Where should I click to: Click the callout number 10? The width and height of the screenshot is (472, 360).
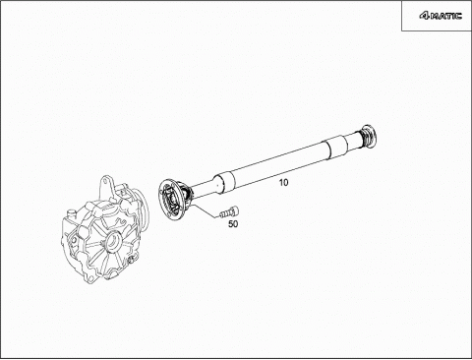[x=283, y=183]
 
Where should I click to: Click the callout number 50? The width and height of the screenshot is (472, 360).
[x=233, y=224]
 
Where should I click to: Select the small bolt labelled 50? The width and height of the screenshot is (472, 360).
[x=229, y=211]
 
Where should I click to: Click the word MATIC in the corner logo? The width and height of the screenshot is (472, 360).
[x=445, y=16]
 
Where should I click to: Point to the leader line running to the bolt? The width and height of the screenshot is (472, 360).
[x=204, y=210]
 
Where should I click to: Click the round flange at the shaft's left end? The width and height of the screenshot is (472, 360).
[x=171, y=200]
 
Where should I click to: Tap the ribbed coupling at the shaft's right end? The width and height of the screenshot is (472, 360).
[x=369, y=135]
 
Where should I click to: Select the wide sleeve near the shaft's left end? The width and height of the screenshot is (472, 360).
[x=225, y=183]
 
